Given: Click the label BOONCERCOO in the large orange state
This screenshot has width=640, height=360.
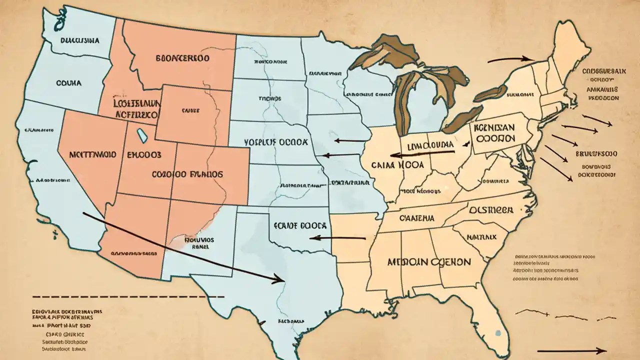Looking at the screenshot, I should click(182, 58).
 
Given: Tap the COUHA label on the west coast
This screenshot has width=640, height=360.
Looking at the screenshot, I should click(69, 83).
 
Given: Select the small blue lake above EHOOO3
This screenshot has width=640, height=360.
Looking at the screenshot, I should click(142, 134).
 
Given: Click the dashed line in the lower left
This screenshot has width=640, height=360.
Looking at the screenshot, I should click(125, 296).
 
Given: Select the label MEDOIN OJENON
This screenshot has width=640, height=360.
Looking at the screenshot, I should click(428, 261).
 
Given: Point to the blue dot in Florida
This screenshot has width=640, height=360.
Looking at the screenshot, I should click(497, 332).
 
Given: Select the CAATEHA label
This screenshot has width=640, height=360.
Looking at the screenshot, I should click(416, 218).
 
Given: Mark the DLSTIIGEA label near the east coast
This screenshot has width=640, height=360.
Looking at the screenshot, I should click(491, 210).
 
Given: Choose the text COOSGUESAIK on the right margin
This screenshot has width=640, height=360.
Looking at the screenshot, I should click(604, 71).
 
